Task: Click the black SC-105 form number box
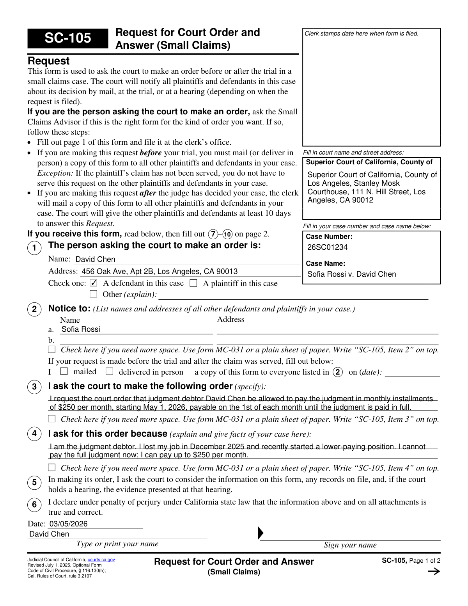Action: click(x=67, y=38)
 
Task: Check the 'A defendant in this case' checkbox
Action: click(x=94, y=283)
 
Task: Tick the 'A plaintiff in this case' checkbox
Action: click(x=193, y=283)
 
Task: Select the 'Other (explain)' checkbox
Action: click(x=94, y=294)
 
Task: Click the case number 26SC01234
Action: click(x=327, y=247)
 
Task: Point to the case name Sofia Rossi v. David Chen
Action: click(x=351, y=274)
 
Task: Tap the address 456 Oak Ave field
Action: click(x=160, y=271)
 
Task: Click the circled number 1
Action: click(x=34, y=248)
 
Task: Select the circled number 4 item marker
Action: click(x=34, y=434)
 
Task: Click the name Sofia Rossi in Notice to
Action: click(x=81, y=329)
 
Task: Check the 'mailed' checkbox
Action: click(x=64, y=371)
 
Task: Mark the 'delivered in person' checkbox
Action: click(x=110, y=371)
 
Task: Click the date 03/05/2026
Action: click(x=68, y=524)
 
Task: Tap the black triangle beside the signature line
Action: click(x=261, y=533)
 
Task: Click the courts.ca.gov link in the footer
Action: click(x=101, y=560)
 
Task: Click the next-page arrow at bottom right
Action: click(x=434, y=572)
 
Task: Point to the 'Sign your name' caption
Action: click(x=350, y=545)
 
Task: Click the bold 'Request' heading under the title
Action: click(x=49, y=61)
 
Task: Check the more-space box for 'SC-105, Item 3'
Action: click(x=52, y=419)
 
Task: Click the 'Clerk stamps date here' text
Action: click(x=361, y=34)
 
